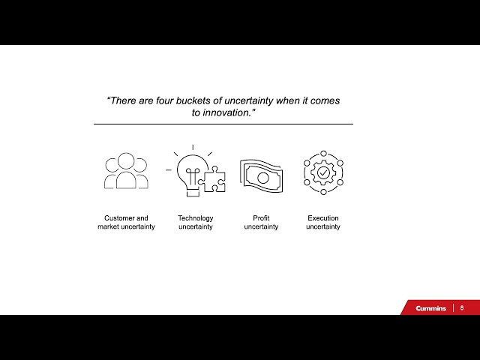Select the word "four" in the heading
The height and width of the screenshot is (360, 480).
[165, 100]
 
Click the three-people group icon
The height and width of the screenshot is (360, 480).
[126, 170]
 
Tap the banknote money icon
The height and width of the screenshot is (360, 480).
[262, 177]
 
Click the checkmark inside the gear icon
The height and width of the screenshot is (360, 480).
[323, 172]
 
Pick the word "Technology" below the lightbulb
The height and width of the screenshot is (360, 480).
[196, 218]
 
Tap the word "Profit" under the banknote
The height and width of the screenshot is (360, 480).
[261, 218]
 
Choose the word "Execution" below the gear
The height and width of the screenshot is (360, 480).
[323, 218]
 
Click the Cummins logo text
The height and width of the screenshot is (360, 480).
[430, 308]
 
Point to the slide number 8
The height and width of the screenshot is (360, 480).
[462, 308]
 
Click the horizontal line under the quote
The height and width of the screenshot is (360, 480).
[223, 124]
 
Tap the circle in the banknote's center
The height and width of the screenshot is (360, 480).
[262, 178]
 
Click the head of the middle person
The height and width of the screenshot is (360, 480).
[126, 160]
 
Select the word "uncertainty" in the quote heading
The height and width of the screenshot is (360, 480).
[249, 100]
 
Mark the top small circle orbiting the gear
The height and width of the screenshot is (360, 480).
[323, 153]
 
